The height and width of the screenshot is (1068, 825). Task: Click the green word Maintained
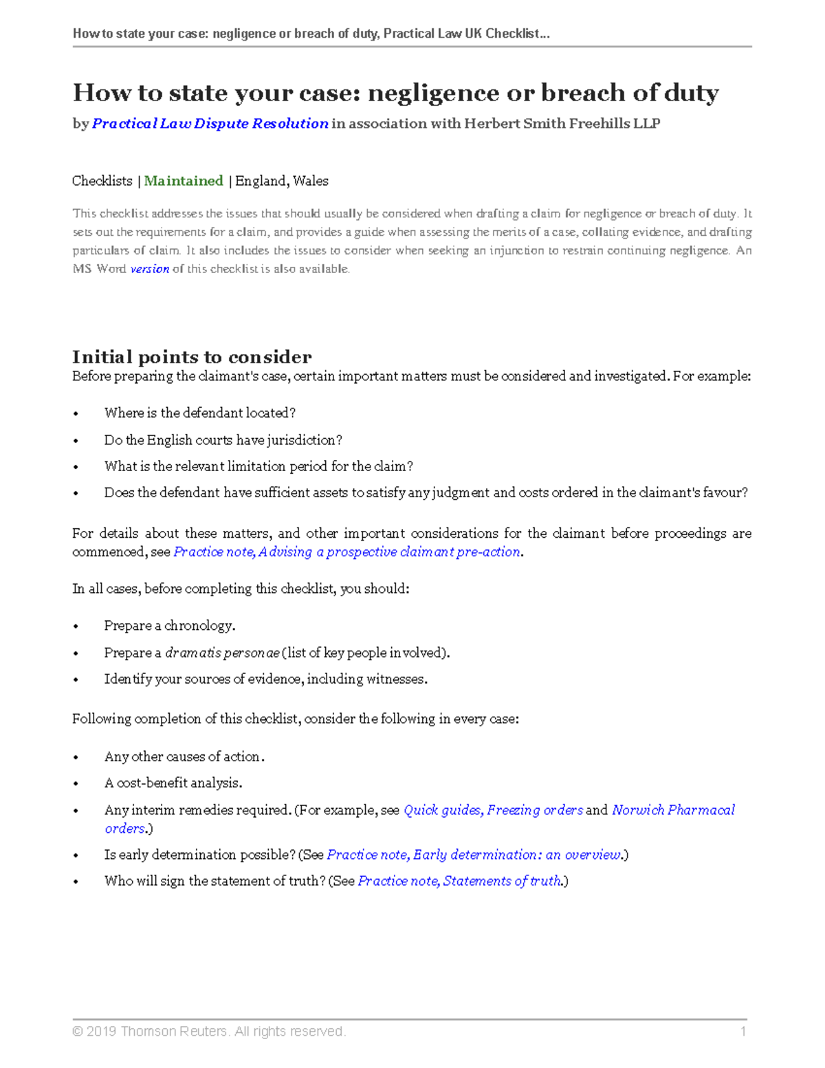[183, 181]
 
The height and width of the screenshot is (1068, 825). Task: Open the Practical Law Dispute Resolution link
[210, 124]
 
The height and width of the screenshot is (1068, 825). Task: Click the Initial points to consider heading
[192, 357]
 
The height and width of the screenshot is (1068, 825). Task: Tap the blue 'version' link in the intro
[149, 269]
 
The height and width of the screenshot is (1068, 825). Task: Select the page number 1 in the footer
[742, 1031]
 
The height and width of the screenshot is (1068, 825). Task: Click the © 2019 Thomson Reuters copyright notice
[209, 1031]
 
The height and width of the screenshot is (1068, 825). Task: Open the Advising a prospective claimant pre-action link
[347, 552]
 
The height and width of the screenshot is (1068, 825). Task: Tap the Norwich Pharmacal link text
[673, 809]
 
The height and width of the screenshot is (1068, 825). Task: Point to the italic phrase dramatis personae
[222, 653]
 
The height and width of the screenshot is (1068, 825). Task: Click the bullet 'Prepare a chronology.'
[169, 626]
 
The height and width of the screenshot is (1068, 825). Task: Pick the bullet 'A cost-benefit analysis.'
[173, 783]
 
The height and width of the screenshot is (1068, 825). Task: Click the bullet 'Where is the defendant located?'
[199, 413]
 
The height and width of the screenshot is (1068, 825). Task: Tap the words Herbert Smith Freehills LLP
[562, 124]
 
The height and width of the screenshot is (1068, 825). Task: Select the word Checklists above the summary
[102, 181]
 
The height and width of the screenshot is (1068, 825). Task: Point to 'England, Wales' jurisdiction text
[282, 181]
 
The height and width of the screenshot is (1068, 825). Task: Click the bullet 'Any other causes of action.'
[184, 756]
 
